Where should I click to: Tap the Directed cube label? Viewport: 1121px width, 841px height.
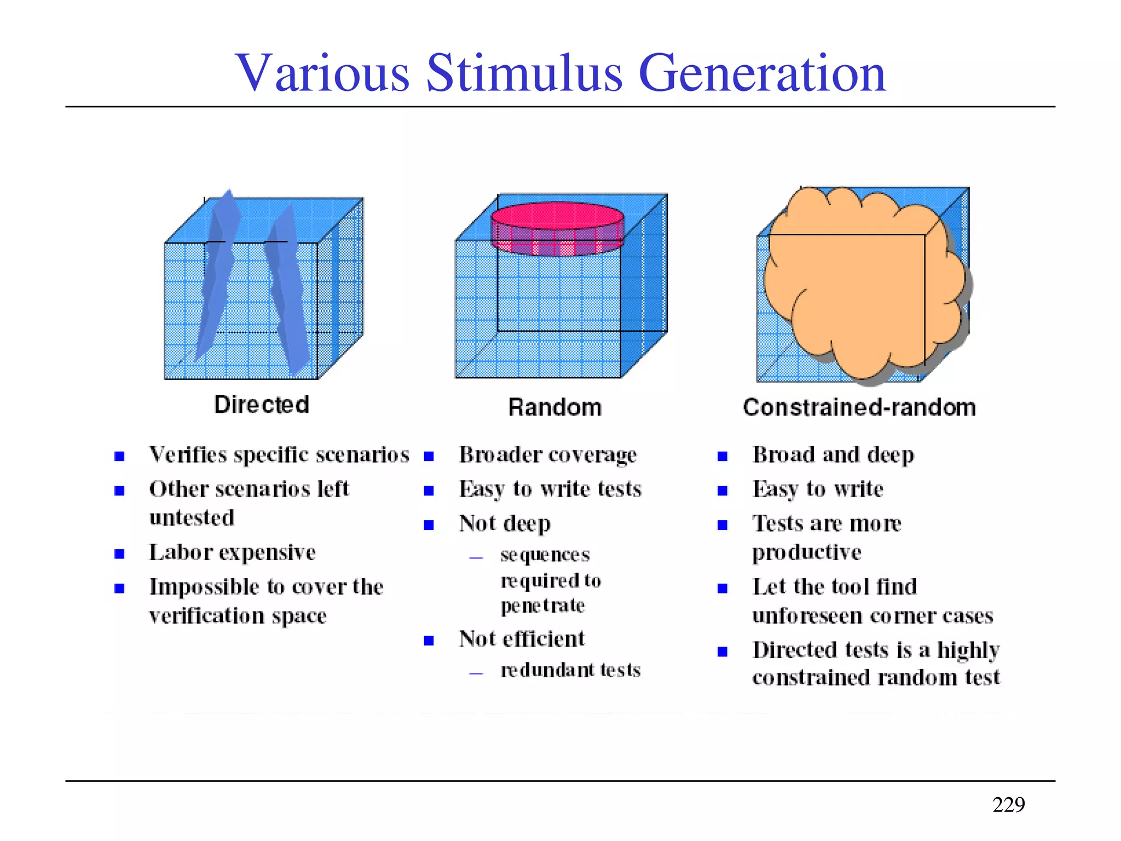point(262,405)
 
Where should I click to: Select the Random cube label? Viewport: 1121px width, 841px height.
point(554,407)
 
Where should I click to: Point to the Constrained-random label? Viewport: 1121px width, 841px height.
point(859,407)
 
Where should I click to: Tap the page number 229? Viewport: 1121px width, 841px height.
point(1008,804)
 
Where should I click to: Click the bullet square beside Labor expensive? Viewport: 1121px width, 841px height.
point(119,554)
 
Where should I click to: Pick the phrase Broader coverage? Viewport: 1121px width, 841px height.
point(547,455)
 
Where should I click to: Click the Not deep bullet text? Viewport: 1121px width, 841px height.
point(504,523)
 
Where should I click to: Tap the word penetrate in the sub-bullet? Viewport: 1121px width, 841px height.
point(542,606)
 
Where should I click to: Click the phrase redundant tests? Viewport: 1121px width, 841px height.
point(570,670)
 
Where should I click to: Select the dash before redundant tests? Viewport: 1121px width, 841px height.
point(476,673)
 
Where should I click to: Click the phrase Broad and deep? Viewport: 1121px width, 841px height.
point(833,455)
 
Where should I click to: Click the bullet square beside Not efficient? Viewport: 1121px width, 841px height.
point(429,641)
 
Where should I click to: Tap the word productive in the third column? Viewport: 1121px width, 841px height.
point(806,552)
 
